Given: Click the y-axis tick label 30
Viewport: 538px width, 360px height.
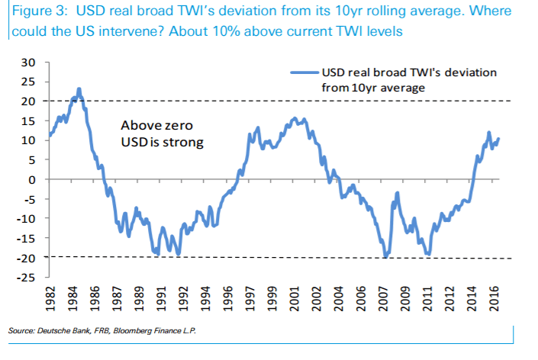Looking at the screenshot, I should tap(28, 62).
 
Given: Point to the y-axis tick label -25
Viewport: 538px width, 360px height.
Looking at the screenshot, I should tap(26, 277).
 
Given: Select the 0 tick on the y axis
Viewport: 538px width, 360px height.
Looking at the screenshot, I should tap(31, 179).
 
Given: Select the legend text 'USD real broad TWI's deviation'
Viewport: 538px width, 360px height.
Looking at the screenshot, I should tap(410, 72).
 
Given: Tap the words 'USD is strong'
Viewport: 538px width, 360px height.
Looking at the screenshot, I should tap(161, 142).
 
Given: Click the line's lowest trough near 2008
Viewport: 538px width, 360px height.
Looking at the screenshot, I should tap(385, 257).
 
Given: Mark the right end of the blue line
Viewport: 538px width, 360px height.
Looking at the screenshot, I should tap(498, 139).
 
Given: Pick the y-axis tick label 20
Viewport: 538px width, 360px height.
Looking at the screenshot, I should tap(28, 101).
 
